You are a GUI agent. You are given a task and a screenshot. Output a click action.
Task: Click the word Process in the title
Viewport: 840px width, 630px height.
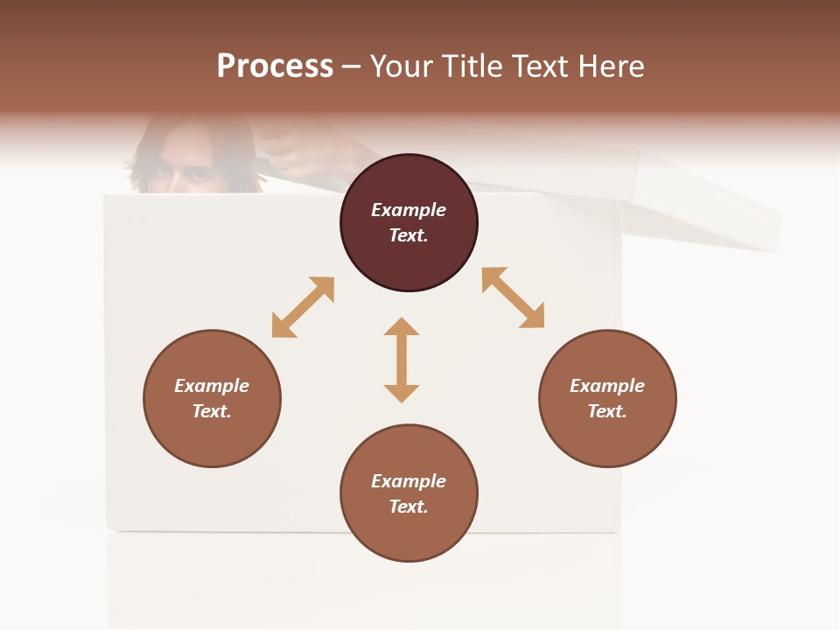tap(275, 66)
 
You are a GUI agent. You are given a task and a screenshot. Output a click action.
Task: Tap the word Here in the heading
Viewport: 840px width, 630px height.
tap(610, 66)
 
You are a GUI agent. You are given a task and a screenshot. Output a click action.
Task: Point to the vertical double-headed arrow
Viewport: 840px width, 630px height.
tap(402, 360)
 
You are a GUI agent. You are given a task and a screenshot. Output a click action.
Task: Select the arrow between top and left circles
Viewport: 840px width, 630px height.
tap(303, 307)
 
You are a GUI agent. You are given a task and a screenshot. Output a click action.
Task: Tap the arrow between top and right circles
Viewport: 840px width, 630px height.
tap(513, 297)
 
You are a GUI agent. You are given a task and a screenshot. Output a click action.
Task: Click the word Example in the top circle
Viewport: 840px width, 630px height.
tap(409, 210)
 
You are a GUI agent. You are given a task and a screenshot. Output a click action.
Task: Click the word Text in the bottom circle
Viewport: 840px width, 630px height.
tap(408, 507)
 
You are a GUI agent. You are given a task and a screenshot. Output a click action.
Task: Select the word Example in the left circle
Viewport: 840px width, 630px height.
tap(212, 386)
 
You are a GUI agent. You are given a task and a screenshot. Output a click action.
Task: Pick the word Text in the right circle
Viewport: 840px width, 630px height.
tap(606, 411)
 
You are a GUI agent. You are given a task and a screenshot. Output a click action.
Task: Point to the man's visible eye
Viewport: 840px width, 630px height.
tap(199, 175)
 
